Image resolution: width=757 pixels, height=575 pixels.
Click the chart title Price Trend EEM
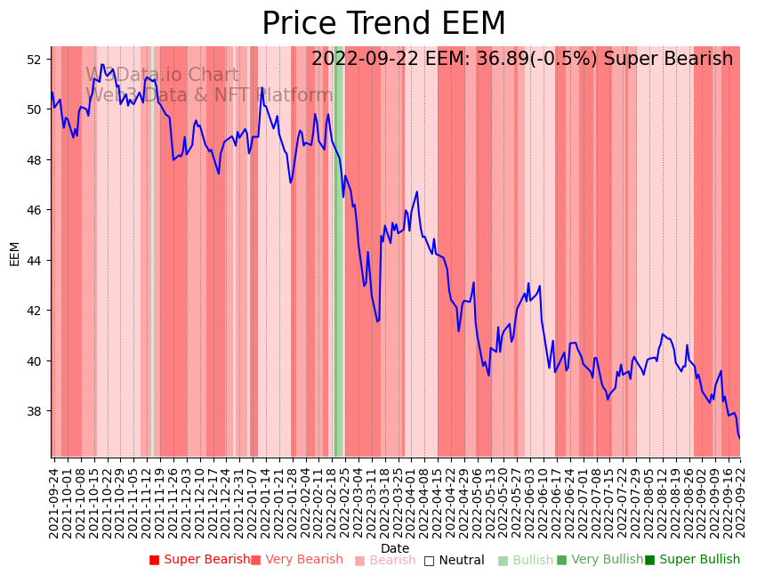click(x=383, y=24)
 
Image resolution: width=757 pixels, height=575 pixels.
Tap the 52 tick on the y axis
click(x=36, y=60)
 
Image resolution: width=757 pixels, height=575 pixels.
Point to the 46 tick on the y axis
click(x=36, y=210)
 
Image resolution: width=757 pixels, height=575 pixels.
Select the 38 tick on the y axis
click(x=36, y=411)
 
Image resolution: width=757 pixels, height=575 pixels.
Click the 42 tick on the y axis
click(x=36, y=311)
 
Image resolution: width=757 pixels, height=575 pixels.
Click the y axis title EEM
click(x=14, y=254)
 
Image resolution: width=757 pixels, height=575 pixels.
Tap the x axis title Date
click(x=395, y=548)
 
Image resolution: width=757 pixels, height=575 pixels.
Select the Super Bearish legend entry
click(x=200, y=560)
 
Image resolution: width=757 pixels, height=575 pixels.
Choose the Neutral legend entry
click(x=455, y=561)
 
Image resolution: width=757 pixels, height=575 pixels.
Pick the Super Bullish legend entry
click(x=692, y=560)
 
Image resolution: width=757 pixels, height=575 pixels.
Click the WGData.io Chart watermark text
click(x=162, y=76)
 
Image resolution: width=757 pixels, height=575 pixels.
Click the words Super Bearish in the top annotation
click(x=669, y=60)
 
